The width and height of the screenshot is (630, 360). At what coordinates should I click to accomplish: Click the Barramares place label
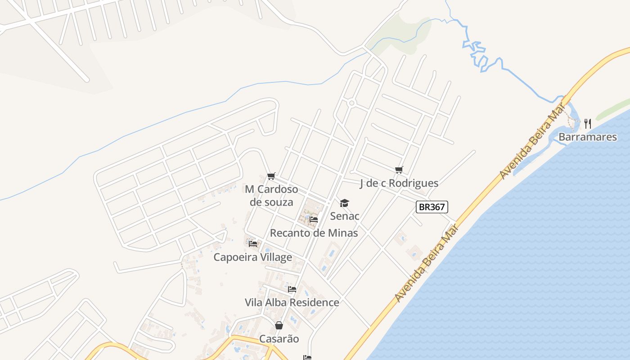(x=588, y=137)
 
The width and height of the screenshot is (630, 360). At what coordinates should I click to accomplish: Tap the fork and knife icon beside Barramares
(x=588, y=123)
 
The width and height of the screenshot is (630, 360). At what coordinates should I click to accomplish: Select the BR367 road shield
(x=432, y=207)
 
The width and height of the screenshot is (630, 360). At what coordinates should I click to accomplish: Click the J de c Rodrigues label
(x=399, y=183)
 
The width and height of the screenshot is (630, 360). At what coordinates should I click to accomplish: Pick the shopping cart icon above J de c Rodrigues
(x=399, y=170)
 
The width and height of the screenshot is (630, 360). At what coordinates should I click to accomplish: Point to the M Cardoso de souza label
(x=271, y=195)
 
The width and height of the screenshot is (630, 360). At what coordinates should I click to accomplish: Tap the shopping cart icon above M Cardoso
(x=271, y=176)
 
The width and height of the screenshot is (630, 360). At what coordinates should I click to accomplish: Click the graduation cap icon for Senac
(x=344, y=203)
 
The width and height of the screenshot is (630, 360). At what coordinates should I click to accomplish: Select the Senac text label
(x=345, y=216)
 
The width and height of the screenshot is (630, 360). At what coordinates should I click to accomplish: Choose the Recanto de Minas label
(x=314, y=233)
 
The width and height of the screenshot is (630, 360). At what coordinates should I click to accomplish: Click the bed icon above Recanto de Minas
(x=314, y=220)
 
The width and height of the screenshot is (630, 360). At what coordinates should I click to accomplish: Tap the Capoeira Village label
(x=252, y=257)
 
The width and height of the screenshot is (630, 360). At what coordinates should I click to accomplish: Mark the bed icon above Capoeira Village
(x=253, y=244)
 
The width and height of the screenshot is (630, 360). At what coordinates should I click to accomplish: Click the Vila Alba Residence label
(x=292, y=302)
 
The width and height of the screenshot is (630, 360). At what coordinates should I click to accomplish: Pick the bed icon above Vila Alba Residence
(x=292, y=289)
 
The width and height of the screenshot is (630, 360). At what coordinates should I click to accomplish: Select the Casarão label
(x=279, y=339)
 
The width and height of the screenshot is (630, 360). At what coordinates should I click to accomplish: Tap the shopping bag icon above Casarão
(x=279, y=325)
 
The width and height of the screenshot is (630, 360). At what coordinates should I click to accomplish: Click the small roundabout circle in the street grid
(x=352, y=103)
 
